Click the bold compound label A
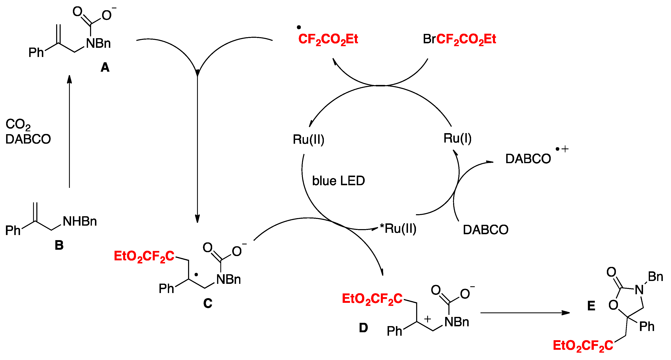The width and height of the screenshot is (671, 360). point(105,67)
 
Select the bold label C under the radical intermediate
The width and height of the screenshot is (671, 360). point(208,303)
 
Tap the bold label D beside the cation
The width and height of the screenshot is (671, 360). point(363,328)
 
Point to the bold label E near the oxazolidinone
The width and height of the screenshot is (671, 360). point(591,306)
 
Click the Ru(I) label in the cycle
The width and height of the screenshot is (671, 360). point(457,138)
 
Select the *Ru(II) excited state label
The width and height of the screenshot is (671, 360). point(398,228)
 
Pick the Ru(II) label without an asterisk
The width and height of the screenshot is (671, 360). point(308,139)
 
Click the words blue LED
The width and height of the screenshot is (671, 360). point(338,181)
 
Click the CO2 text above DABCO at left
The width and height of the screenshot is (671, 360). point(18,124)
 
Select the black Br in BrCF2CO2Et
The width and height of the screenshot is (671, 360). point(429,39)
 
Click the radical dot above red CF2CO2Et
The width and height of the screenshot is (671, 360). point(299,27)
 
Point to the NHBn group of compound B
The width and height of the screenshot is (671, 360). point(80,221)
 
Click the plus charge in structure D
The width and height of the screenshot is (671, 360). point(427,319)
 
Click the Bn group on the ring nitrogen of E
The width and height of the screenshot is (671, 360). point(655,277)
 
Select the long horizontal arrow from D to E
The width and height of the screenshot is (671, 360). point(525,313)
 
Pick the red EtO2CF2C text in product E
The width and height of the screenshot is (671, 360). point(583,346)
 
